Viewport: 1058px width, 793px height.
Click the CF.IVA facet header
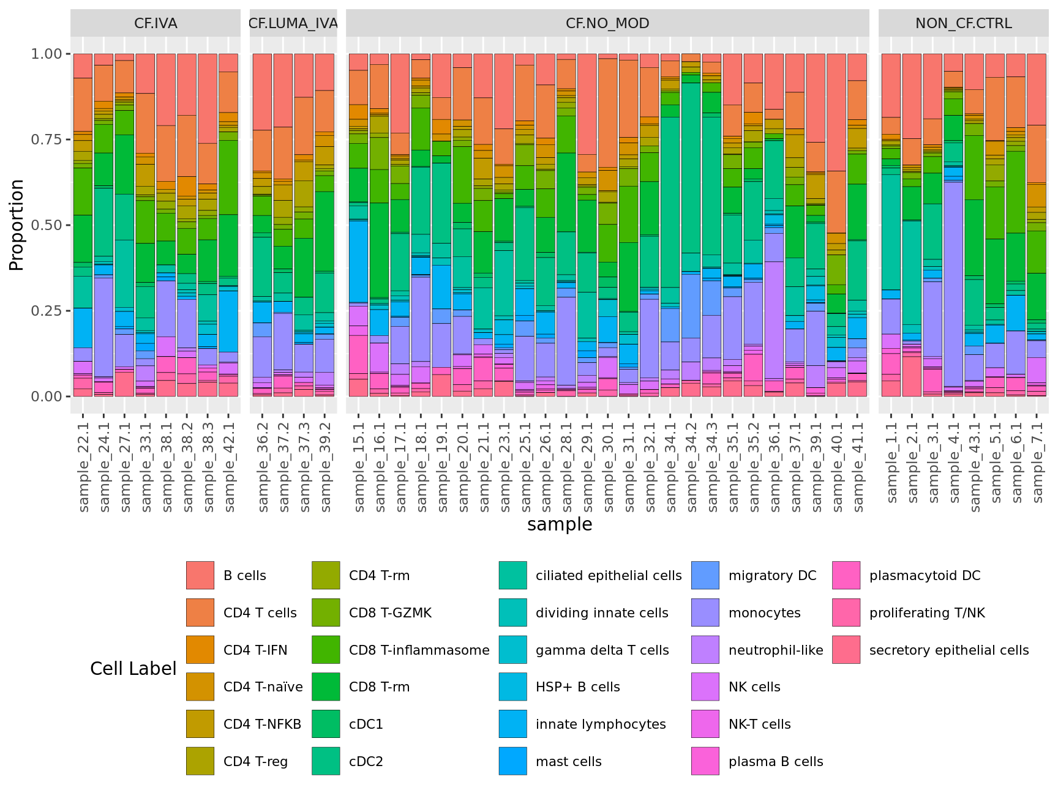[156, 23]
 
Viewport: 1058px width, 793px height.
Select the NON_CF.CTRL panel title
[963, 23]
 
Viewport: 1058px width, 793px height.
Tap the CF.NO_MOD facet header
[607, 23]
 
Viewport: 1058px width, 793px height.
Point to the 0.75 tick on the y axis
[47, 140]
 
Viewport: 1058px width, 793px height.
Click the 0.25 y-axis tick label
[47, 311]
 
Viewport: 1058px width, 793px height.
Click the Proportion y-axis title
[17, 225]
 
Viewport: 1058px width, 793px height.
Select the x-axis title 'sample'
[560, 524]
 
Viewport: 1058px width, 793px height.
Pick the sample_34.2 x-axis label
[691, 463]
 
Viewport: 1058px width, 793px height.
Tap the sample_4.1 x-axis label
[954, 463]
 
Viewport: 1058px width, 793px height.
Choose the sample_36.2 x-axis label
[263, 463]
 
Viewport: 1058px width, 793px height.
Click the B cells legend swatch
[200, 575]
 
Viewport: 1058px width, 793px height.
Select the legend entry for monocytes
[764, 613]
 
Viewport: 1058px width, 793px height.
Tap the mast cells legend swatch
[512, 761]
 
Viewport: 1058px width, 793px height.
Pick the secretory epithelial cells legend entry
[948, 650]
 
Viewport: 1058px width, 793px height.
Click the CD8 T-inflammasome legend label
[419, 650]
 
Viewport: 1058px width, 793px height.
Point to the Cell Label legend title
[133, 669]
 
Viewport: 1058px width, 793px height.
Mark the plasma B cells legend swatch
[705, 761]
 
